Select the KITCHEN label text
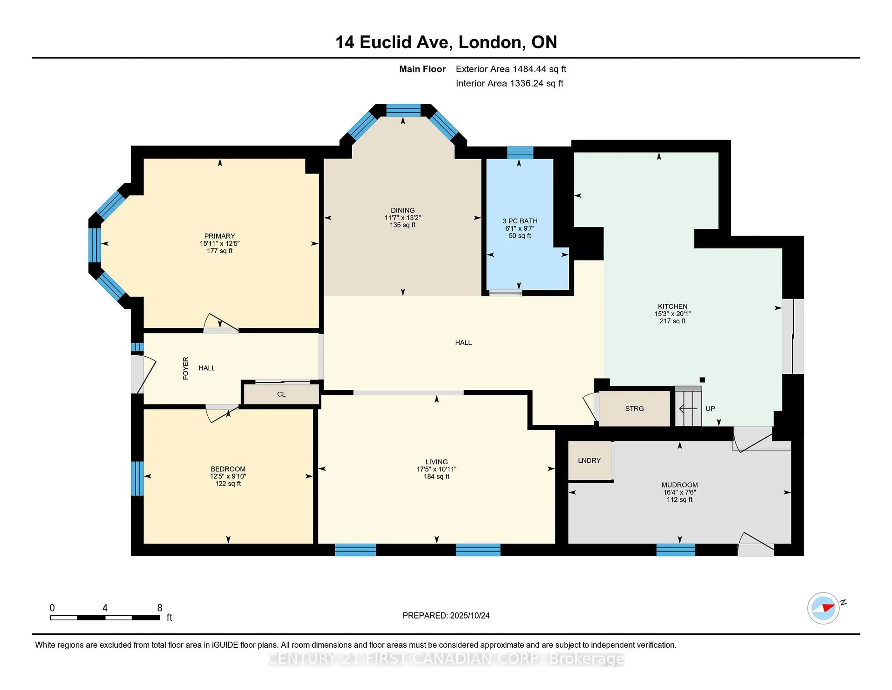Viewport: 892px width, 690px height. pos(672,306)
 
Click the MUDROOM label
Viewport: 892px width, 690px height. pos(679,485)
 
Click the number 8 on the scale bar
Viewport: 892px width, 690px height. pos(160,608)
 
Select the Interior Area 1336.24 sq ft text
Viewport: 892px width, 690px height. pos(509,83)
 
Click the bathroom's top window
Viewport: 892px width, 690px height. pos(520,153)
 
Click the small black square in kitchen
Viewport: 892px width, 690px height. pos(702,380)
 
